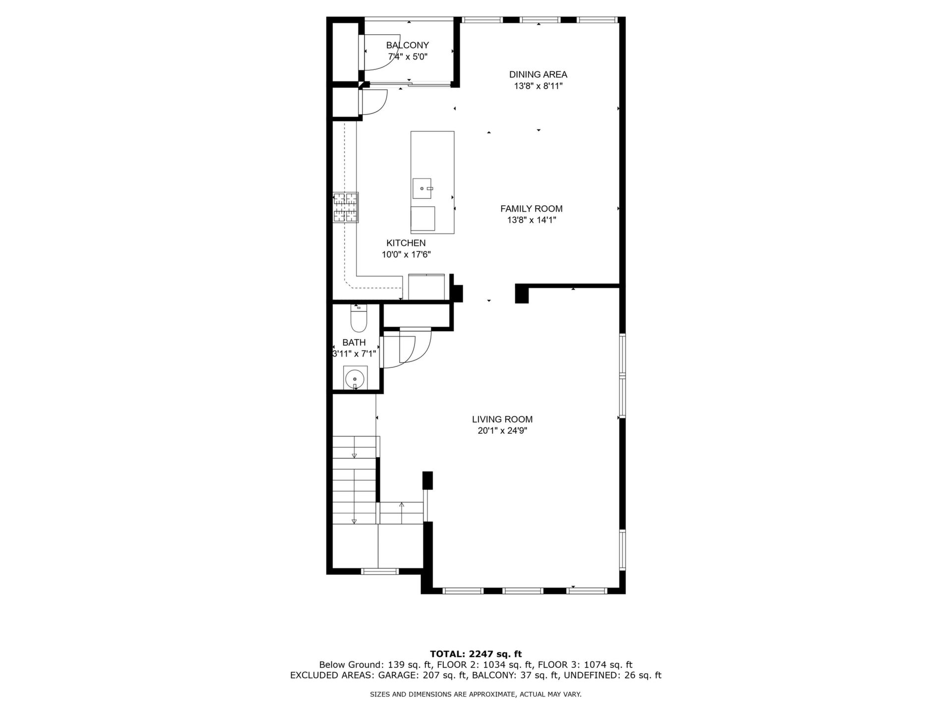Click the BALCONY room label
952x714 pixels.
[x=408, y=45]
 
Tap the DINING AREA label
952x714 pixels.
[x=538, y=74]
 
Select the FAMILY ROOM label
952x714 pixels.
[x=532, y=209]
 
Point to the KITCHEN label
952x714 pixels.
[x=406, y=243]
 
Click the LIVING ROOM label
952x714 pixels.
[x=502, y=419]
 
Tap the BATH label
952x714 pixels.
[x=354, y=343]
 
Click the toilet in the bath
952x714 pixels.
[x=358, y=318]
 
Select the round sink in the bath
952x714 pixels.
[x=355, y=378]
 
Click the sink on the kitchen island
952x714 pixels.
[x=422, y=188]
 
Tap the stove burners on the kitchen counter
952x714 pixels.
[x=346, y=207]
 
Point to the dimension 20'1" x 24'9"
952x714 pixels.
[x=502, y=431]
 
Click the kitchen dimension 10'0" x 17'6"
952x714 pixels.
[x=406, y=255]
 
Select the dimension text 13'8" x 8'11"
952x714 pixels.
[x=538, y=86]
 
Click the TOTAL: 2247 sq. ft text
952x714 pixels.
[x=476, y=654]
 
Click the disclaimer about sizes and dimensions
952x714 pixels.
[x=476, y=695]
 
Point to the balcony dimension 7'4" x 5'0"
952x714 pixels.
[x=408, y=57]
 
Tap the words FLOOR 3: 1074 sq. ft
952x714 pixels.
[x=585, y=665]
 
